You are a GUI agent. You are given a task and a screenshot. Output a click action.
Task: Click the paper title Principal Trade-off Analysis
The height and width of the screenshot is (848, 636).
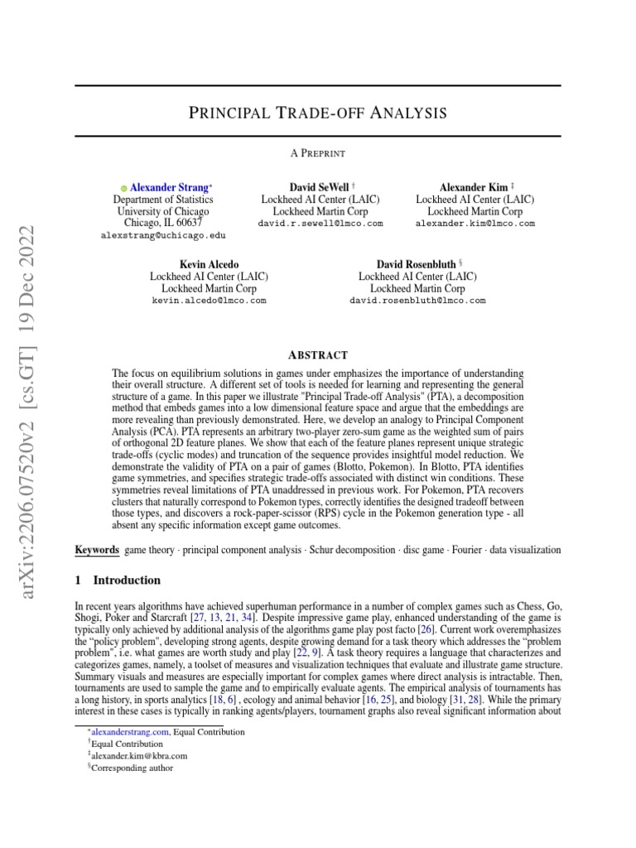tap(318, 112)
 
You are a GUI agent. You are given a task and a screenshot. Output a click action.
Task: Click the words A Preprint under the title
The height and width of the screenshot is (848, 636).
tap(318, 153)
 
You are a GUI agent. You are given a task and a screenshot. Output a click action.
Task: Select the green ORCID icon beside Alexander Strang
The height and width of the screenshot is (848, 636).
tap(124, 189)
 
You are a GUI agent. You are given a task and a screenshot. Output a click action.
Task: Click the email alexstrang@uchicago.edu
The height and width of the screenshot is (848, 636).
tap(163, 236)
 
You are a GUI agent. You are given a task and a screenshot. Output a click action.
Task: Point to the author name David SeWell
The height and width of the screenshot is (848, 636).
tap(317, 188)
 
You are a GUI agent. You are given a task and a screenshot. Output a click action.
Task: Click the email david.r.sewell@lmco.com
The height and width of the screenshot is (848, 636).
tap(320, 224)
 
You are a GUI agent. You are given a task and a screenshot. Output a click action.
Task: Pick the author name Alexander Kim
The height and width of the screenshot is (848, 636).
tap(471, 188)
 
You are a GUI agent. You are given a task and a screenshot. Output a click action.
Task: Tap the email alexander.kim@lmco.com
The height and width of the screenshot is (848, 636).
tap(475, 224)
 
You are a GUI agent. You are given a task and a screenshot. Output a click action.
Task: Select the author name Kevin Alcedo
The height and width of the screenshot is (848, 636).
tap(209, 264)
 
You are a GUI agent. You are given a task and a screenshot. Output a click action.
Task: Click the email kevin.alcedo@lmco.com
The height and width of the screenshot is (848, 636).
tap(209, 300)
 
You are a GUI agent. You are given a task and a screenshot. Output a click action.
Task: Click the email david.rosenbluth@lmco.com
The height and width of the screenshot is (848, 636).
tap(418, 300)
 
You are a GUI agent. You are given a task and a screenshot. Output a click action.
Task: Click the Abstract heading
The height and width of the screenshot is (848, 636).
tap(318, 354)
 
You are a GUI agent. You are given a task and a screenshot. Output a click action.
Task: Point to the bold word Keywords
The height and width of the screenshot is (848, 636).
tap(96, 550)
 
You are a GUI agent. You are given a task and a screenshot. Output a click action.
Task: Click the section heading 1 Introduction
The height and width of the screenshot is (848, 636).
tap(118, 581)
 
